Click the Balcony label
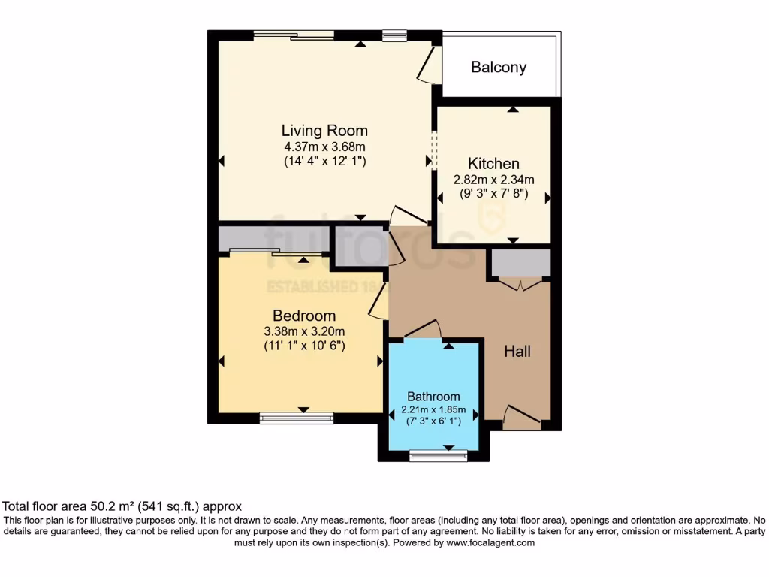(499, 68)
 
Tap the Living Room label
(324, 131)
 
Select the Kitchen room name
(493, 164)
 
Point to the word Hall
(517, 351)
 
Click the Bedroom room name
(303, 316)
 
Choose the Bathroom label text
(433, 397)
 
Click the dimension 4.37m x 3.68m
(324, 147)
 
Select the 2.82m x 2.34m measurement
(493, 180)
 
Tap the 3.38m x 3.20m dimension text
(303, 331)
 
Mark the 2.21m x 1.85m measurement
(433, 410)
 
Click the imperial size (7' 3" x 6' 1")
(433, 423)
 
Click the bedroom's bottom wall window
(296, 417)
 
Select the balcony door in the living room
(427, 66)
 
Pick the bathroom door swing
(422, 329)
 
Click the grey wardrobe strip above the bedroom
(274, 239)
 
